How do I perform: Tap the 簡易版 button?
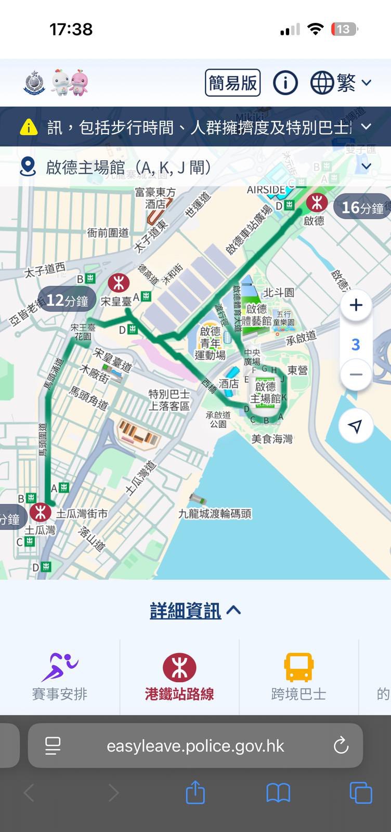(x=232, y=83)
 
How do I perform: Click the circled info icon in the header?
(x=285, y=83)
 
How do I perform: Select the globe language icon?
(x=322, y=83)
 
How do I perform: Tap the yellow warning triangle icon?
(x=29, y=127)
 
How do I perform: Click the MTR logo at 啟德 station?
(x=317, y=202)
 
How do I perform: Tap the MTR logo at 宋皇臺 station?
(x=119, y=283)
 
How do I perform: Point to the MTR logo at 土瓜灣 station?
(x=40, y=512)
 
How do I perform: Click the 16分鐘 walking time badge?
(x=362, y=207)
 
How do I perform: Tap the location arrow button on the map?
(x=356, y=426)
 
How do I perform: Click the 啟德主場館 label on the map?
(x=265, y=393)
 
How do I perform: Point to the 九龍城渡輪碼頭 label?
(x=215, y=514)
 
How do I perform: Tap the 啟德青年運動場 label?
(x=210, y=343)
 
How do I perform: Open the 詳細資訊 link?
(x=186, y=610)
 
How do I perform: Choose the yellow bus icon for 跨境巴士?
(x=298, y=667)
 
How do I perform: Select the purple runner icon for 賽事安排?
(x=59, y=667)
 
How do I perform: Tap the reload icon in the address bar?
(x=341, y=746)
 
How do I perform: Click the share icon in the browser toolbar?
(x=195, y=793)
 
